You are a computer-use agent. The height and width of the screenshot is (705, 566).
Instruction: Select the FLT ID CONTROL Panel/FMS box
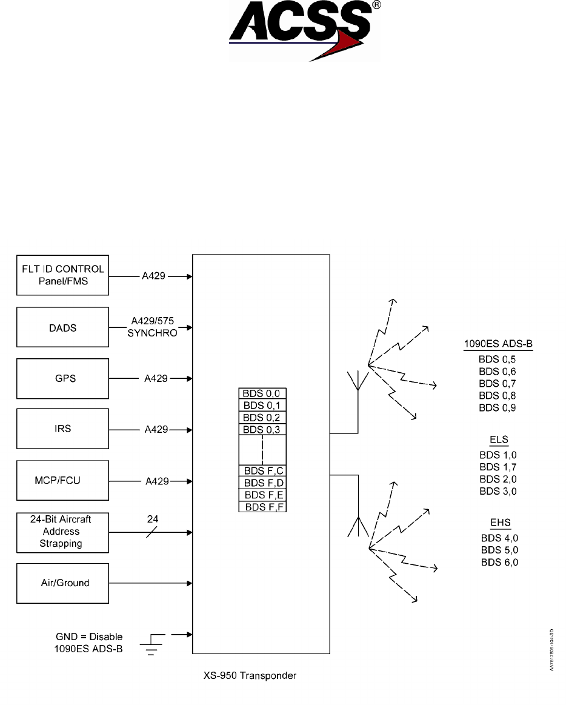63,275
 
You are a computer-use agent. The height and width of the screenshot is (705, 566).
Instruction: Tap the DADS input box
63,327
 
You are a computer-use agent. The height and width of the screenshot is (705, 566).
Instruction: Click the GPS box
63,378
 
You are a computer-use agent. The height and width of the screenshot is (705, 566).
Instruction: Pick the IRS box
63,429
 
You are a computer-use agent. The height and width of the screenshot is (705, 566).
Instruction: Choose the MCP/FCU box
63,481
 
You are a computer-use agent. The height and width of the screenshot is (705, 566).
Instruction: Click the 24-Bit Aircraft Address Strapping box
63,532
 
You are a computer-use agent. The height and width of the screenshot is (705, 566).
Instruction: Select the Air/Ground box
63,583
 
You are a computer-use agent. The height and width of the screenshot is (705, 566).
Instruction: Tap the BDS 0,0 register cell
262,393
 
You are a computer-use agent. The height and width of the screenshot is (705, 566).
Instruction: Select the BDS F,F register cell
262,506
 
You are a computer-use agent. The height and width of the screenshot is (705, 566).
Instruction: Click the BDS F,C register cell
262,470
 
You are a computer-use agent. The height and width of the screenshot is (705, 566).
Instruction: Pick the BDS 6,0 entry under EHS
500,563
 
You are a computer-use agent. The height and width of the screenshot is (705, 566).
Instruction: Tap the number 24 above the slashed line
153,520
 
